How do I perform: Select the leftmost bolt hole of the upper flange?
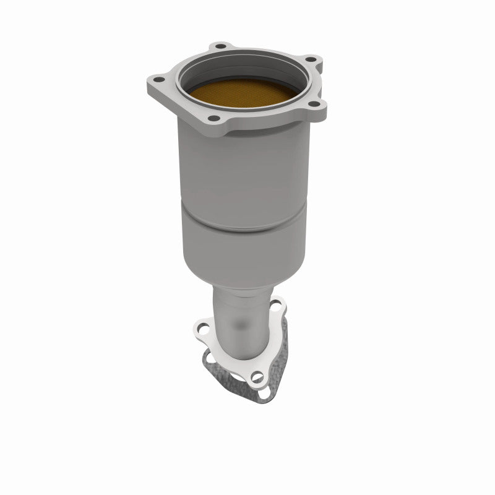pyautogui.click(x=156, y=79)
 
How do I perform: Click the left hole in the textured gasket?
pyautogui.click(x=208, y=359)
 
